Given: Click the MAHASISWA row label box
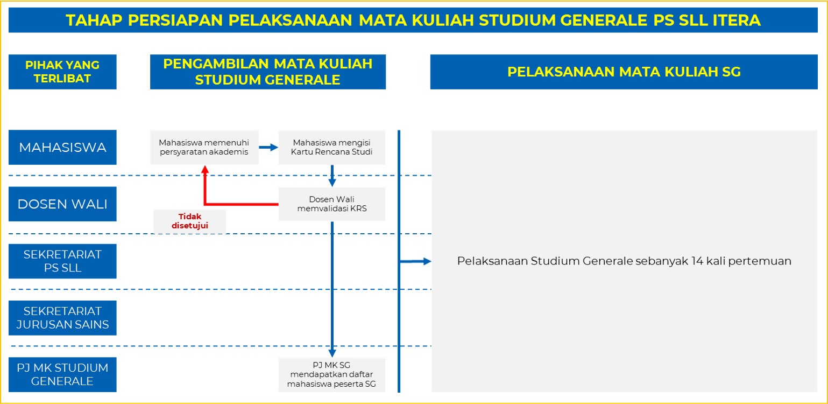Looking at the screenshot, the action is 62,147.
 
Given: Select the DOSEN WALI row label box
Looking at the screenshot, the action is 62,204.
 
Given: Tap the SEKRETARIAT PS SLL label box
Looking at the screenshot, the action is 62,261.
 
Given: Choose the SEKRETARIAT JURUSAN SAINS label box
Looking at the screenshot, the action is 62,318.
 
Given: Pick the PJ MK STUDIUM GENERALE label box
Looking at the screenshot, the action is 62,374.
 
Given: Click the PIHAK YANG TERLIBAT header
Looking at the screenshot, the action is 62,72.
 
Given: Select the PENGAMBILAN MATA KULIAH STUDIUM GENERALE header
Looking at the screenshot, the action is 267,72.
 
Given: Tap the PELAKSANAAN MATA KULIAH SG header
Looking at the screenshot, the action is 624,72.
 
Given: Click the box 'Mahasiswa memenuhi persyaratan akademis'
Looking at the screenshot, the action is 204,147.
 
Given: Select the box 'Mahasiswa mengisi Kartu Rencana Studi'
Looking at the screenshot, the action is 331,147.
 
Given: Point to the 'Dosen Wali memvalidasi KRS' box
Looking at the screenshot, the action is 331,204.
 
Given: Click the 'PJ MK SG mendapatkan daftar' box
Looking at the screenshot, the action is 331,374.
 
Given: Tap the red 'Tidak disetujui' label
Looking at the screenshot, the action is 189,221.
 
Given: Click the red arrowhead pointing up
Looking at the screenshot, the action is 205,170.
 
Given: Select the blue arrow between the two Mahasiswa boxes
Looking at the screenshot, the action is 268,147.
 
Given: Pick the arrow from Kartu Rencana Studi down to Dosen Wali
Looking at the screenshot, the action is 332,176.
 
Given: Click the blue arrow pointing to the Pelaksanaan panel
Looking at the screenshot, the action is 415,261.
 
